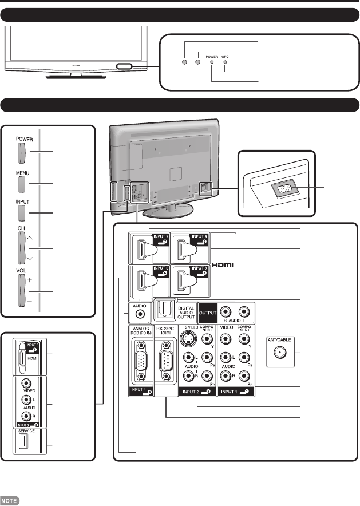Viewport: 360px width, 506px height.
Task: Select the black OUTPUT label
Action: tap(207, 312)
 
